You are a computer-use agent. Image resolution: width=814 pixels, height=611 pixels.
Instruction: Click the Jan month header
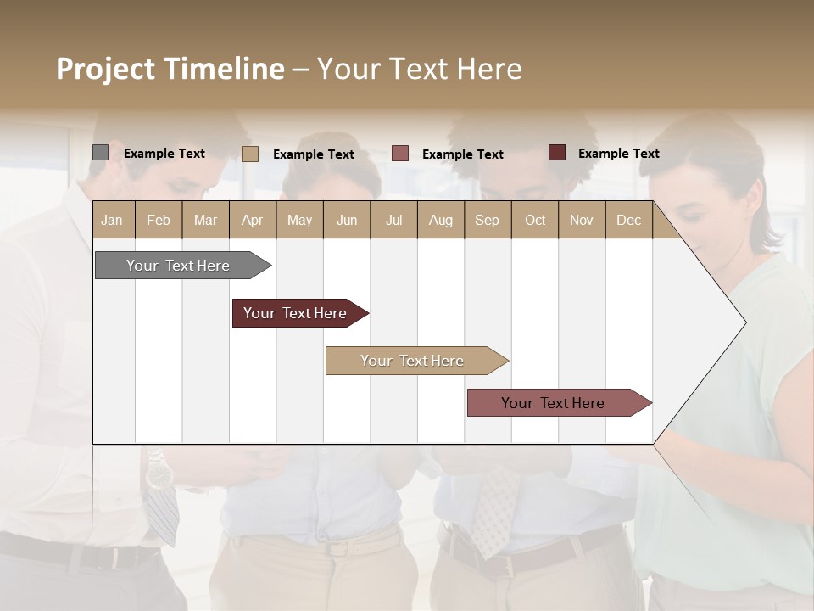[x=113, y=220]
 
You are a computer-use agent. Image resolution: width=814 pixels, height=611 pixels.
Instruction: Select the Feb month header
[x=159, y=220]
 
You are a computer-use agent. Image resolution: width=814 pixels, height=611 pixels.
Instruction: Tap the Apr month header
[x=253, y=220]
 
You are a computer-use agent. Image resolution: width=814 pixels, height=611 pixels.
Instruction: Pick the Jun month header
[x=347, y=220]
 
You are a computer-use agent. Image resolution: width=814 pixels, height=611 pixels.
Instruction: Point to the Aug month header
[x=441, y=220]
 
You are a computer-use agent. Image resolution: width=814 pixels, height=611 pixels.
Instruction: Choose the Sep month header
[x=488, y=220]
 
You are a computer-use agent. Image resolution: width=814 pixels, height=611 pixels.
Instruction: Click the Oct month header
[x=535, y=220]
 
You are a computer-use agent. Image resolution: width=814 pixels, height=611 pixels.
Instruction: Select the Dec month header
[x=629, y=220]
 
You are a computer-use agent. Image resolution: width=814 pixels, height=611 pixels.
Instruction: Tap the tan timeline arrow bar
[x=414, y=361]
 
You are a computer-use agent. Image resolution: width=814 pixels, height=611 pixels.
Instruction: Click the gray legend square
[x=100, y=153]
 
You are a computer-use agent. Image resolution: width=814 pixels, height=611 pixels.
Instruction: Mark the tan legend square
[x=249, y=154]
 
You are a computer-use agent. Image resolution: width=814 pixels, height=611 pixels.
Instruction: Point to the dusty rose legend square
[x=400, y=154]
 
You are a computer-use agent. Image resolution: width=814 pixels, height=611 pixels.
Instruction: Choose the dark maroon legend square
[x=556, y=153]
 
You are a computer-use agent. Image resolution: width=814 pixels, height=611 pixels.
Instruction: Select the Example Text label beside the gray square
[x=164, y=154]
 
